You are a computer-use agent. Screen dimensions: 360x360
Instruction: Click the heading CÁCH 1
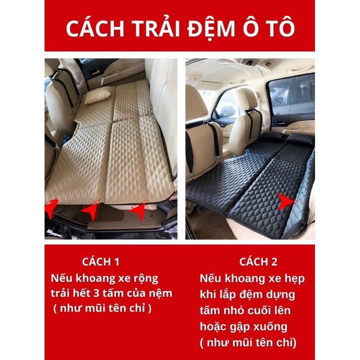coord(101,262)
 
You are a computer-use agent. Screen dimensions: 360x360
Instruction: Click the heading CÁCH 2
coord(258,262)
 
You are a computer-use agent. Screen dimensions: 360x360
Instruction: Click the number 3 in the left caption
coord(96,294)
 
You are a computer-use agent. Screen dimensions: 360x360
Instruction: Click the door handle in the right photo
coord(281,122)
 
